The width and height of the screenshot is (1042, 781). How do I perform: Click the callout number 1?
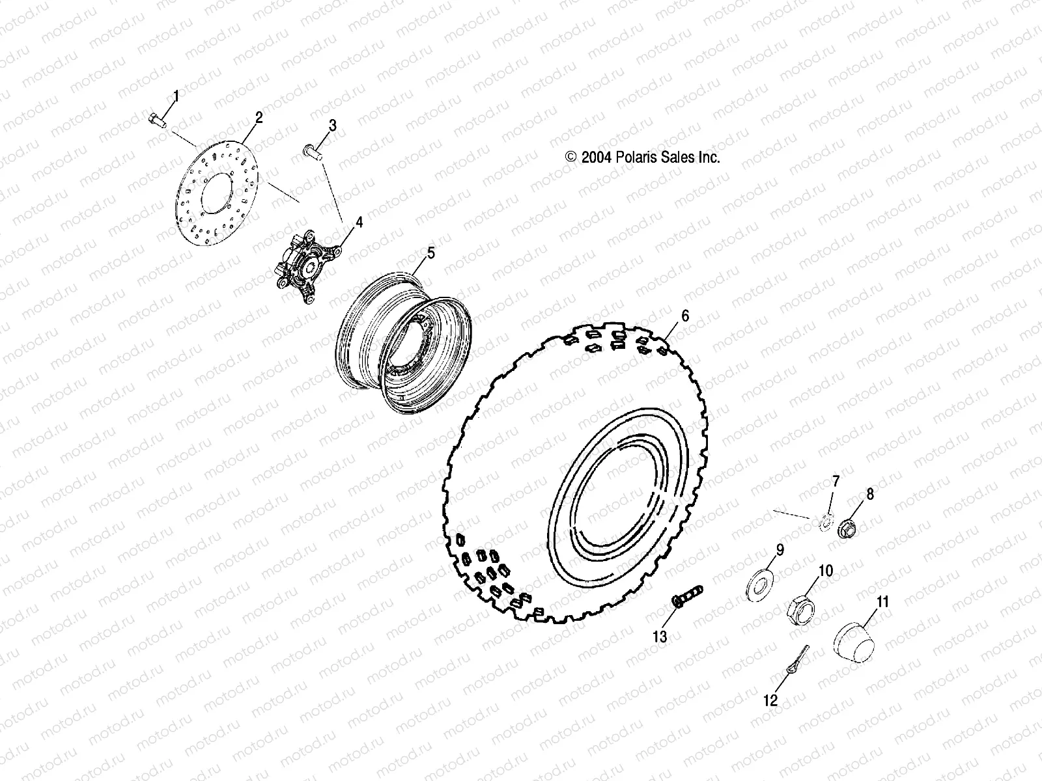tap(175, 97)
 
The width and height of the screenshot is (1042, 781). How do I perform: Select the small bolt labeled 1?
tap(157, 119)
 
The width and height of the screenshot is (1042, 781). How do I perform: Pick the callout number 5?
tap(430, 253)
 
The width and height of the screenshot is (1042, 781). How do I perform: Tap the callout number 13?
tap(660, 637)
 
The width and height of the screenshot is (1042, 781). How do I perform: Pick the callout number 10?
tap(825, 571)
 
